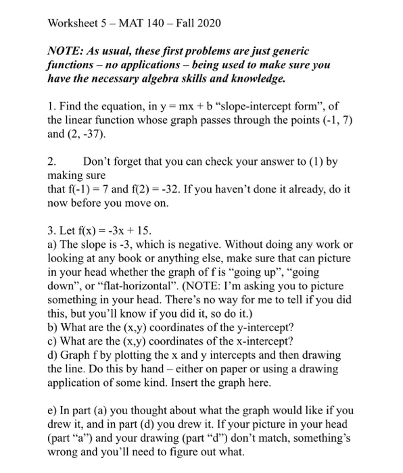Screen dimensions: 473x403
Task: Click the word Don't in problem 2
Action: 99,162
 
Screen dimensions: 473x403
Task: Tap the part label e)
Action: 53,409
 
